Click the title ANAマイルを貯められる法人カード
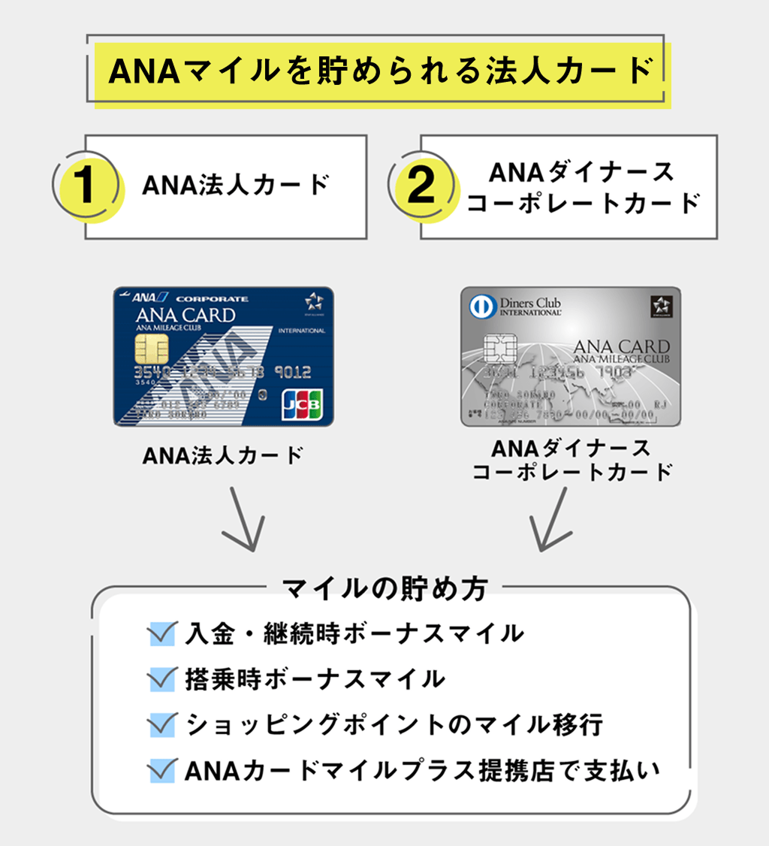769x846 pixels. coord(379,71)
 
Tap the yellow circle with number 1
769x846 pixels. coord(87,187)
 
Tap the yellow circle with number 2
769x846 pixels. coord(423,187)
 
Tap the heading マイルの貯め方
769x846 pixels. coord(384,588)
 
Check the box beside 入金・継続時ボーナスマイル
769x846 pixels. coord(162,633)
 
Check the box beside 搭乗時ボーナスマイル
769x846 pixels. coord(162,679)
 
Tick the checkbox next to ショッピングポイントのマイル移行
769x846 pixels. coord(162,725)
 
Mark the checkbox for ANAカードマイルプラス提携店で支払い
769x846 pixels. coord(162,771)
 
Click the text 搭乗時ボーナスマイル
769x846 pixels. coord(314,679)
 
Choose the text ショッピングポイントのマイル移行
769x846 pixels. coord(394,725)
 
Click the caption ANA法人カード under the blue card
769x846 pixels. coord(222,455)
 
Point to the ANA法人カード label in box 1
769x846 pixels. coord(236,186)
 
